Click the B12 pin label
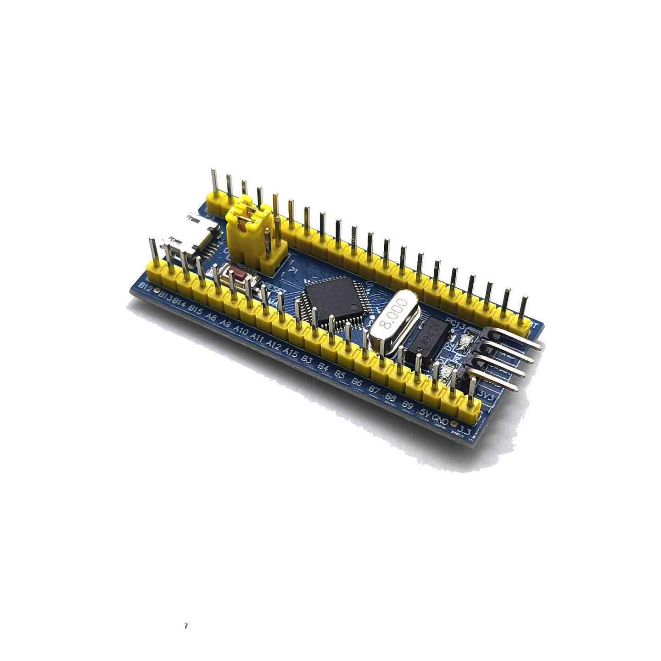pyautogui.click(x=146, y=287)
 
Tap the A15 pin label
pyautogui.click(x=291, y=353)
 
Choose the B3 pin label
pyautogui.click(x=307, y=360)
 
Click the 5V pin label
pyautogui.click(x=425, y=413)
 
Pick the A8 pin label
pyautogui.click(x=212, y=317)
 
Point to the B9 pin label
pyautogui.click(x=407, y=405)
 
